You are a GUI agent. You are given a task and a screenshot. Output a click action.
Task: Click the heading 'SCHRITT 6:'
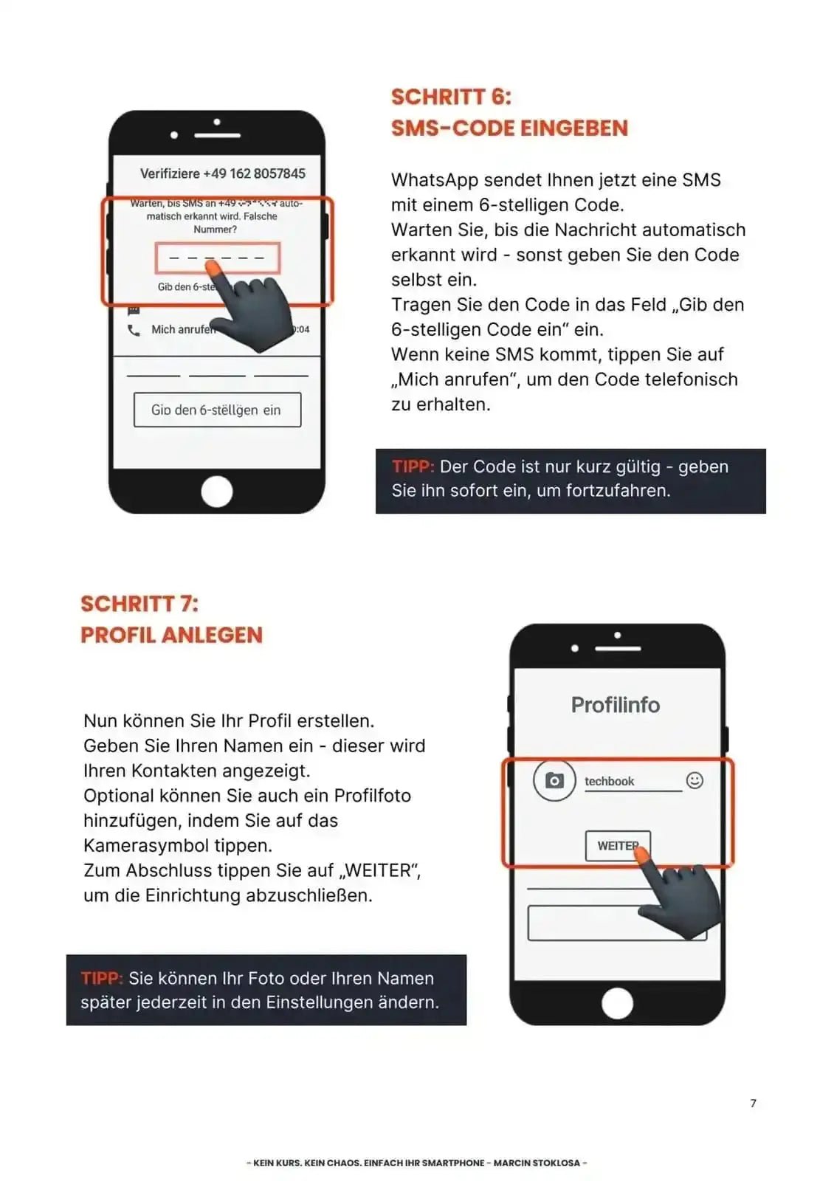click(451, 97)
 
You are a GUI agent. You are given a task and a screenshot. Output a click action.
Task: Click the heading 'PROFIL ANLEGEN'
click(171, 635)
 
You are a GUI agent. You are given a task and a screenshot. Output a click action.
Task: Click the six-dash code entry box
click(217, 258)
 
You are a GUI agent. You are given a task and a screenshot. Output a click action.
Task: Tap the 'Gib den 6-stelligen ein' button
click(217, 410)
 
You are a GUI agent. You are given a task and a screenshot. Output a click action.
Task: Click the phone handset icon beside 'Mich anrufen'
click(134, 330)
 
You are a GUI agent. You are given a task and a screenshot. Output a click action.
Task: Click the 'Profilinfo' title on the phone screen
click(615, 705)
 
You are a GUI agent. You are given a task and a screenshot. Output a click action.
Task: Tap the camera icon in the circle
click(554, 780)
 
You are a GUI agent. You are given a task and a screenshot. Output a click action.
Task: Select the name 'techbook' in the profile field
click(609, 781)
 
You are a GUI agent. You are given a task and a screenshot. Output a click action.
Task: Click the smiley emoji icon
click(695, 780)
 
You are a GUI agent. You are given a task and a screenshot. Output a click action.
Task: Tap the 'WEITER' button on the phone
click(616, 846)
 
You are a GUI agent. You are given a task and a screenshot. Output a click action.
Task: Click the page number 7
click(753, 1103)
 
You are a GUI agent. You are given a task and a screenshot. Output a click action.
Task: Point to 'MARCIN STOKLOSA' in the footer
click(537, 1163)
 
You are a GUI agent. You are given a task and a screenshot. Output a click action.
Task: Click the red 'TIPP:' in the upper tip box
click(413, 466)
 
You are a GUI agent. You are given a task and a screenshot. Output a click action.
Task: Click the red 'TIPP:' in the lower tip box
click(102, 978)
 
